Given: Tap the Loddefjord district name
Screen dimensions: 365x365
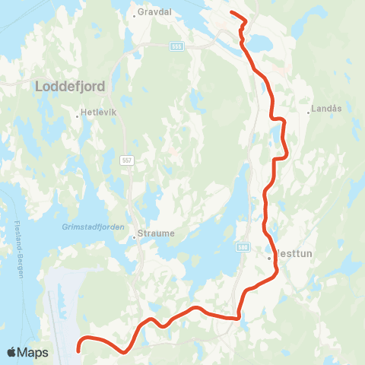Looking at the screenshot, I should click(70, 87).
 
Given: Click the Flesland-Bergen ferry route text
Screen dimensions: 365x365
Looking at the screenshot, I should click(17, 250).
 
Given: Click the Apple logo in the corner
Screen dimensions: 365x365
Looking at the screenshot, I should click(12, 352).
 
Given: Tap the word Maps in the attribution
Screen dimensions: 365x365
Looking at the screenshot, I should click(33, 352).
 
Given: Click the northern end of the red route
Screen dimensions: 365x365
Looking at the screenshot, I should click(231, 13).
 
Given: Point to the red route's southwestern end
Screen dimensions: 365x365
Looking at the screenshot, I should click(80, 351).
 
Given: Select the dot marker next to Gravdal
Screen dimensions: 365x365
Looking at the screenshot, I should click(134, 14).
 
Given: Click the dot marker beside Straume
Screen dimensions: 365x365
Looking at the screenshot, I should click(134, 236).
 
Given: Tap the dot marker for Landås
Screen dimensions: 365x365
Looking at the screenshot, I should click(308, 112).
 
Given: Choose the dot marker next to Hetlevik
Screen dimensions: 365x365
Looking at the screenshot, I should click(78, 116).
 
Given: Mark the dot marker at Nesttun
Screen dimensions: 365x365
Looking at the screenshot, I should click(269, 258).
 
